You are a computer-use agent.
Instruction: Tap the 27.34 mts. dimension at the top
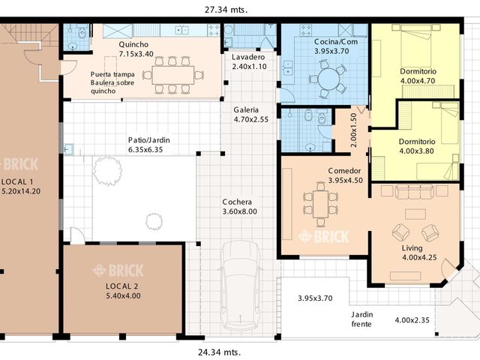pyautogui.click(x=226, y=10)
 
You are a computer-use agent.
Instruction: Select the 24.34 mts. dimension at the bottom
pyautogui.click(x=219, y=351)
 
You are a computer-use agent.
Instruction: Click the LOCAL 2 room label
pyautogui.click(x=123, y=290)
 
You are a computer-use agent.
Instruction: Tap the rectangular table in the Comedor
pyautogui.click(x=320, y=202)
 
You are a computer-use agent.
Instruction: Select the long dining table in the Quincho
pyautogui.click(x=172, y=75)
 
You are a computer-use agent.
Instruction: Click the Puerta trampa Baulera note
pyautogui.click(x=114, y=82)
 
